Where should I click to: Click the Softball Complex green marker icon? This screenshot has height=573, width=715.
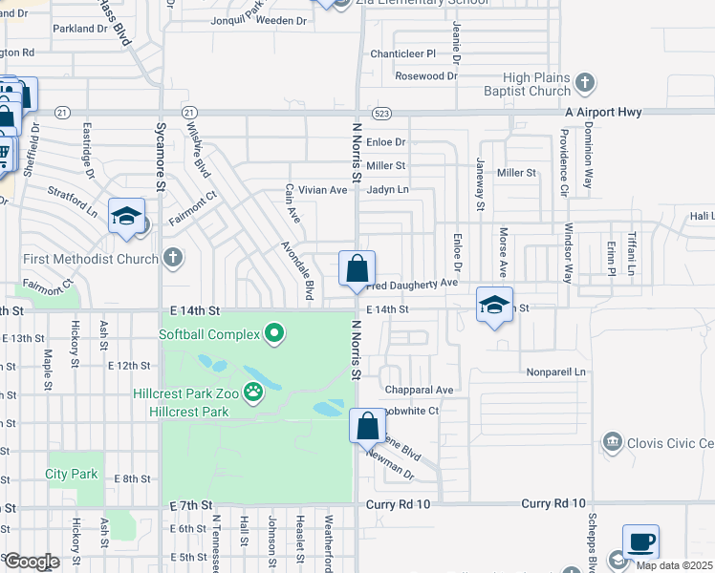[275, 334]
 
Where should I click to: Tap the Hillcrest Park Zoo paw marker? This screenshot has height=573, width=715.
[253, 391]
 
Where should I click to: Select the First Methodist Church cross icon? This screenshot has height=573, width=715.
[172, 258]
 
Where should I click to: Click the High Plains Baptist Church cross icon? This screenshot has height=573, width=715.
[585, 85]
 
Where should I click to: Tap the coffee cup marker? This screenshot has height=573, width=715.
[640, 541]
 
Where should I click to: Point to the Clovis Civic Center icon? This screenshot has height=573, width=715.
[612, 442]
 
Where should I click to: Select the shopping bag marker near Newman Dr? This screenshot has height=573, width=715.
[368, 425]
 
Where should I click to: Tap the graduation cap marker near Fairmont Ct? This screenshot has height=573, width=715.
[126, 216]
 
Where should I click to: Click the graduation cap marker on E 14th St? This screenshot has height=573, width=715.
[494, 305]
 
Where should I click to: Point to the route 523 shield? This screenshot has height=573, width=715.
[381, 113]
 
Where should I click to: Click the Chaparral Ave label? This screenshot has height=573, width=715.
[419, 390]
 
